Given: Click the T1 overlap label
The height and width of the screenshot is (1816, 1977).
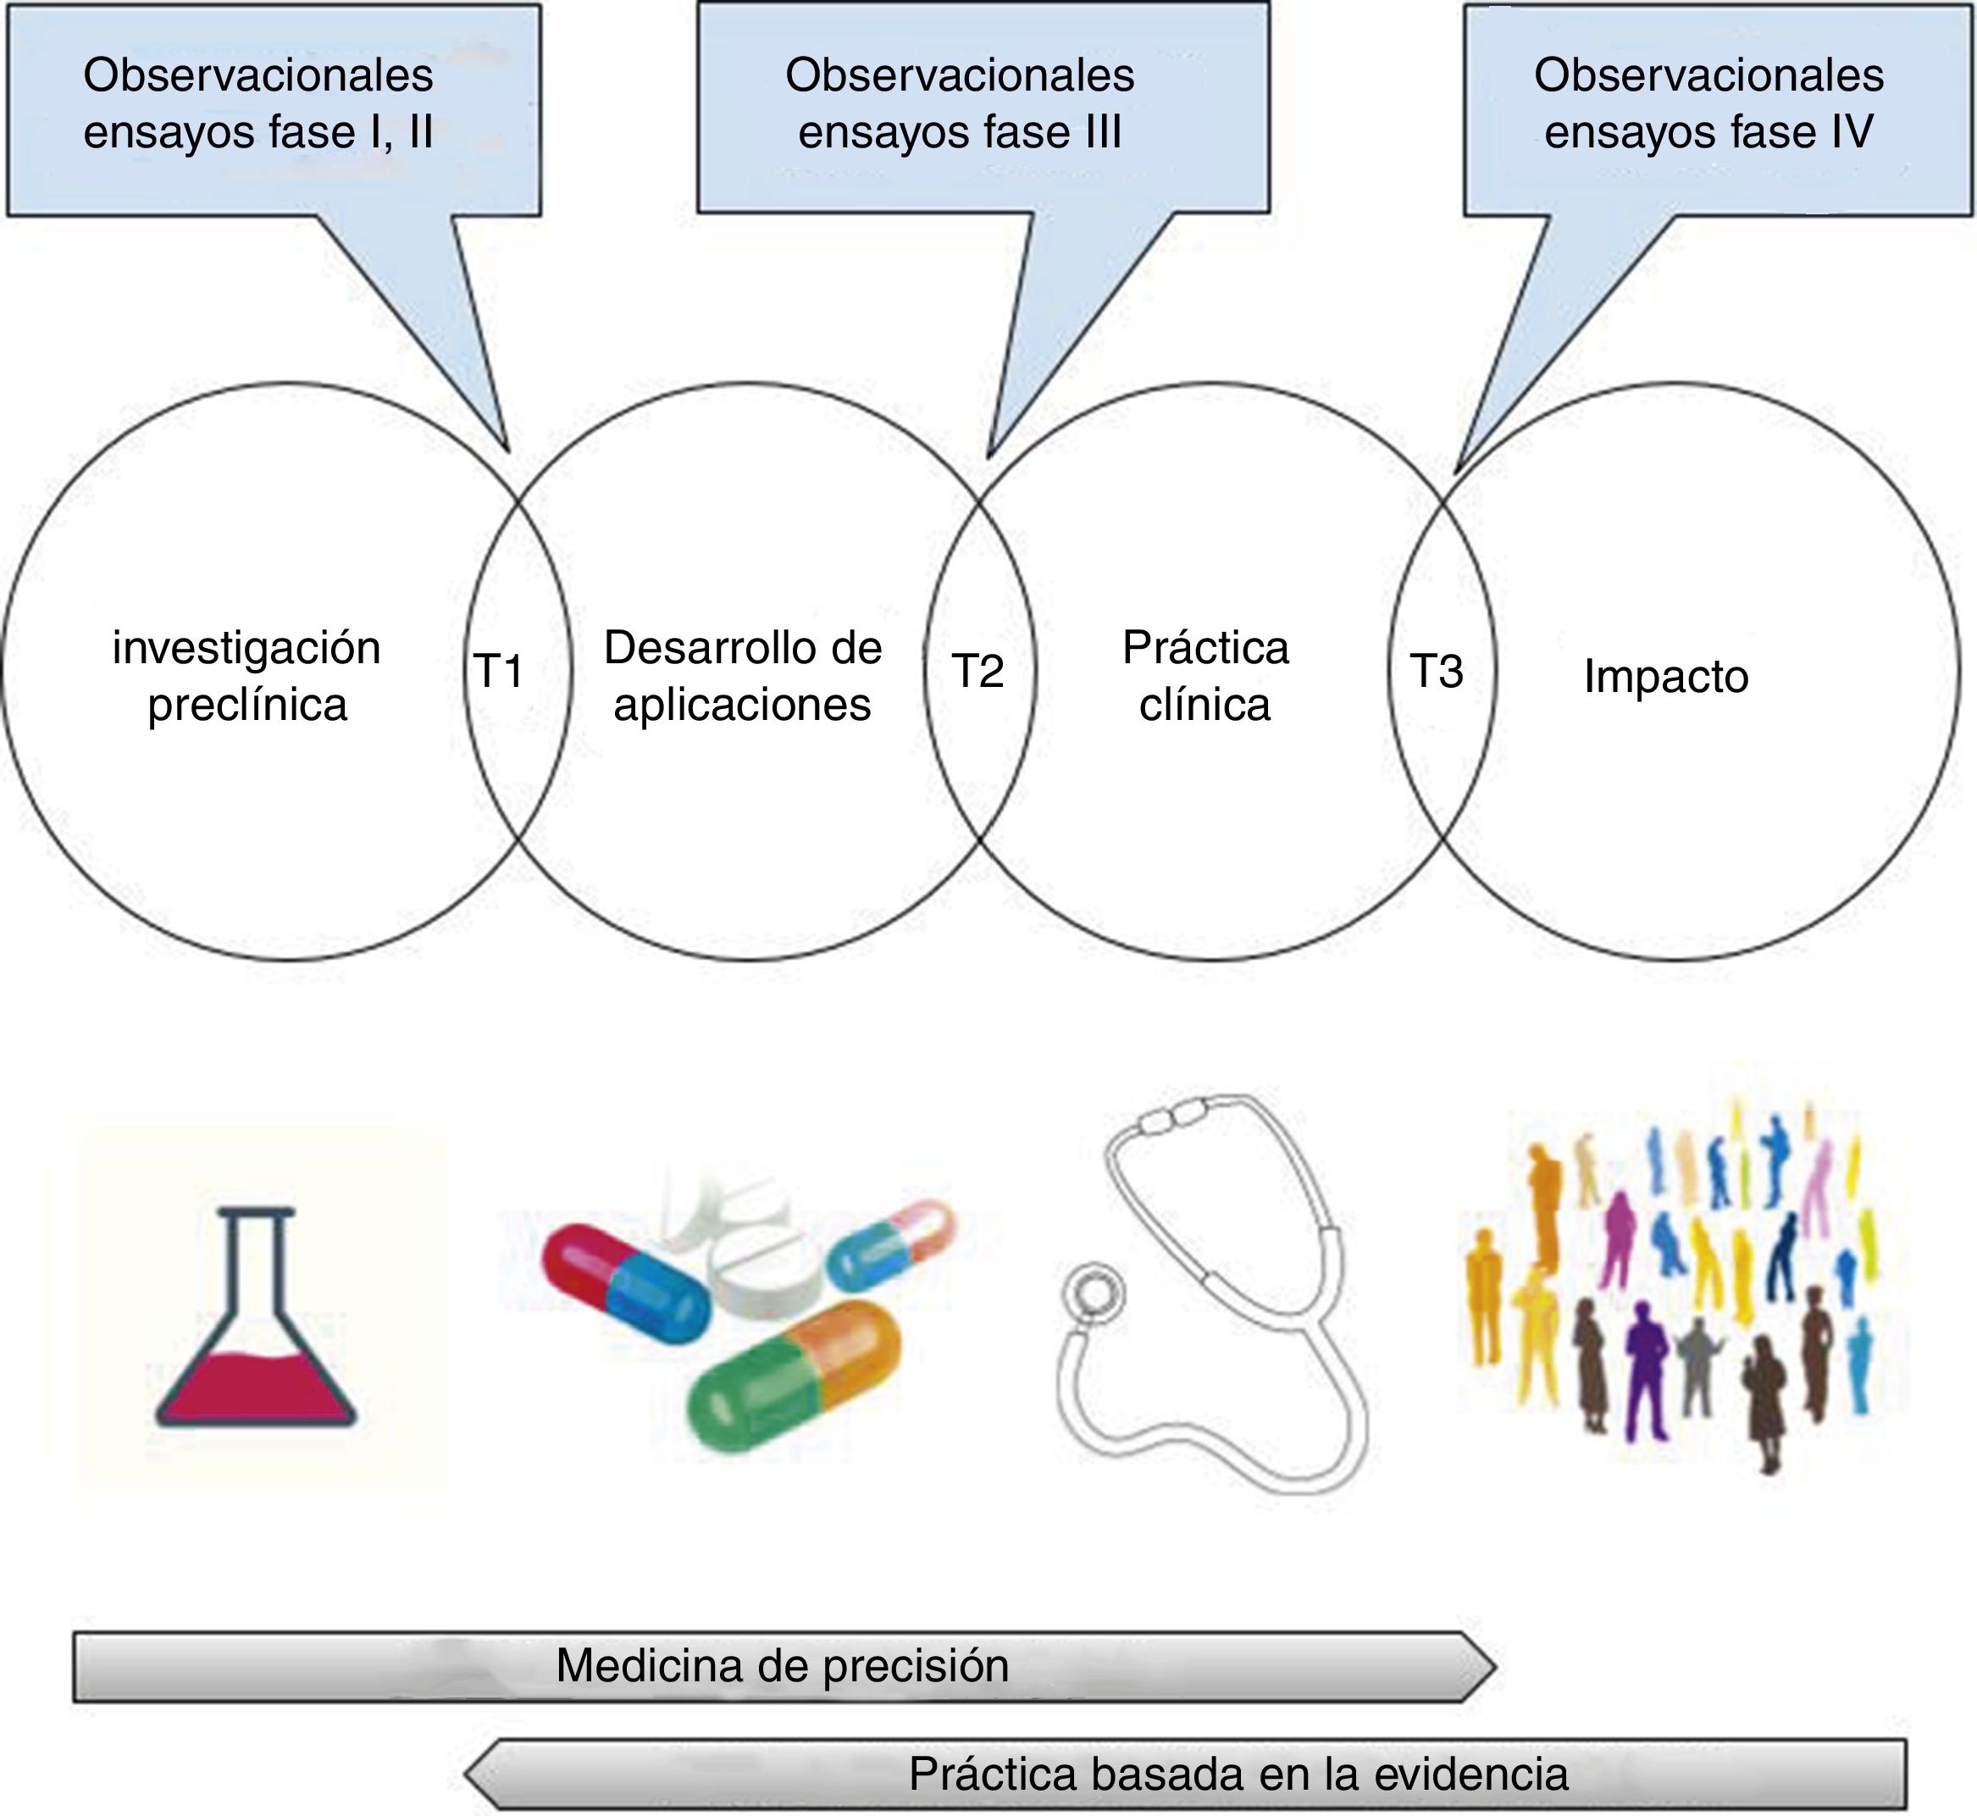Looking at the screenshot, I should (499, 671).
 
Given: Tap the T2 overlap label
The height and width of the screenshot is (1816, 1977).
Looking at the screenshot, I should (977, 671).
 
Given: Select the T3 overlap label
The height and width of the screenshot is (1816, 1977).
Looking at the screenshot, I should (1437, 671).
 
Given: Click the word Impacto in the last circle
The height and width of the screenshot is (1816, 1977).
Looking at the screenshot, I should (1665, 677).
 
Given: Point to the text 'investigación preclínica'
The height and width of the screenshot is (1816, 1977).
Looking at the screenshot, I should (246, 676).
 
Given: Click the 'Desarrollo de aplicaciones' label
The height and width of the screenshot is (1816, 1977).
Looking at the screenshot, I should (743, 676).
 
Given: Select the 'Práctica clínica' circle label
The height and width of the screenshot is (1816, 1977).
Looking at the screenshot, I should (1205, 676).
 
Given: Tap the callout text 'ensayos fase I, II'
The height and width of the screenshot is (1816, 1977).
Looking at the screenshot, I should (258, 131).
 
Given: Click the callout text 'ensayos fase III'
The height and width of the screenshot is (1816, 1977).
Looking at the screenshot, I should (960, 131).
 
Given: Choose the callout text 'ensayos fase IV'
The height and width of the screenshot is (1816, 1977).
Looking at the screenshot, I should (1708, 131).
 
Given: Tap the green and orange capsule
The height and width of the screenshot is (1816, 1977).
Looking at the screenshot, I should (794, 1376).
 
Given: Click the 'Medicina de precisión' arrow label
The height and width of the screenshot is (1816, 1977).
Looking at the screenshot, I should (782, 1664).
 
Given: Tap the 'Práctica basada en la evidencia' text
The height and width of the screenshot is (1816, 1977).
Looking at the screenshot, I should (1238, 1773).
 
